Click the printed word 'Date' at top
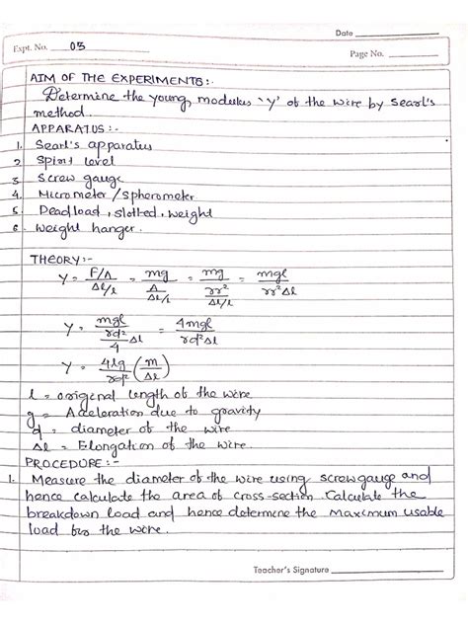click(344, 33)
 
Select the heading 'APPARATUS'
click(61, 128)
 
